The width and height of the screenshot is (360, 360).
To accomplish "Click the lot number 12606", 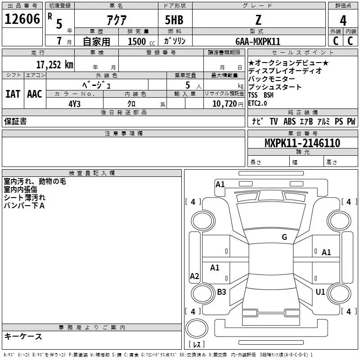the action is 22,19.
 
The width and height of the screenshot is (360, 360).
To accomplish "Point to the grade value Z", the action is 258,20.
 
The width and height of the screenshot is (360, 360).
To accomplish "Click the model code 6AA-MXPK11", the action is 258,41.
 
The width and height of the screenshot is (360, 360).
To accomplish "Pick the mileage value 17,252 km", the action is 54,64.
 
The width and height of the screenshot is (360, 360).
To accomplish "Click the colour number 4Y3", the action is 74,103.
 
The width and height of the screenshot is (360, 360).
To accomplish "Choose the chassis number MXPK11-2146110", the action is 302,144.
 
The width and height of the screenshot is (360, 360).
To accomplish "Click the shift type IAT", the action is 13,94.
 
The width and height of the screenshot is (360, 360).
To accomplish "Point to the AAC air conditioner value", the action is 35,94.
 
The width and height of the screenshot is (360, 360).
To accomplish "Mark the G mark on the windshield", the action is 284,237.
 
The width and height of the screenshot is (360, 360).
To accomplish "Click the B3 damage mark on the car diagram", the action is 221,292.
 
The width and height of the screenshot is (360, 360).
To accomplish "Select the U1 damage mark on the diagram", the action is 320,292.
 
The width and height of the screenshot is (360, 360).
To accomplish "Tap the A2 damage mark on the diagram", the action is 194,276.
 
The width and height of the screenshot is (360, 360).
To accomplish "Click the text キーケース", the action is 23,336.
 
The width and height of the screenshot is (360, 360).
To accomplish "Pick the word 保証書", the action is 15,121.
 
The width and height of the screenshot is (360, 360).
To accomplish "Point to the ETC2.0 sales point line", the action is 257,103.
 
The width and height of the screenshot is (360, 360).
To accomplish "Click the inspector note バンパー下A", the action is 24,206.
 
